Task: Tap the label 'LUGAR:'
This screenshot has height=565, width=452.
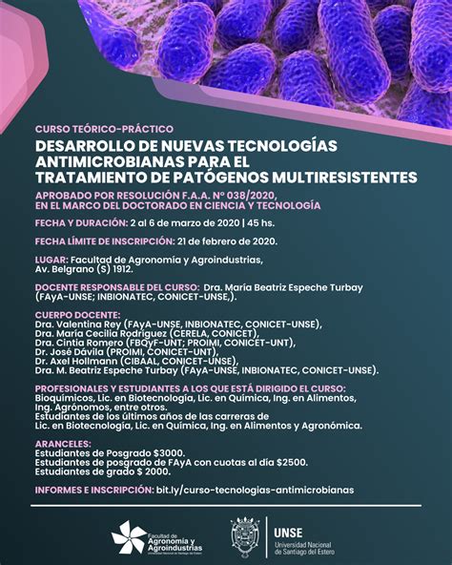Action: (x=50, y=259)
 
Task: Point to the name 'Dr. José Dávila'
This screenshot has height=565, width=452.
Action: (x=71, y=352)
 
